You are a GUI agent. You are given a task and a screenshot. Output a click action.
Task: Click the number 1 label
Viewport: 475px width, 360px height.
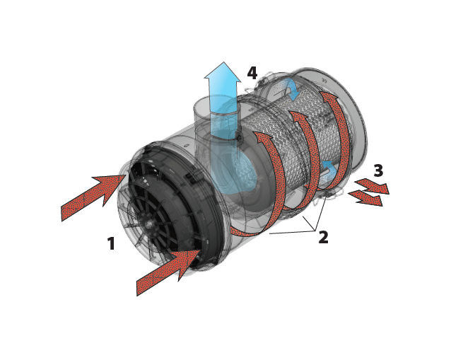click(x=111, y=244)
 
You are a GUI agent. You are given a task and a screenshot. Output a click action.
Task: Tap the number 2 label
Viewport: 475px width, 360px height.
click(x=323, y=238)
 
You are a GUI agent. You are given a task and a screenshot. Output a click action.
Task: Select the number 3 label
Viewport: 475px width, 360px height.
click(x=378, y=171)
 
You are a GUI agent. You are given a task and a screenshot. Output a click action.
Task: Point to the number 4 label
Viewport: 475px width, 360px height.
click(x=252, y=73)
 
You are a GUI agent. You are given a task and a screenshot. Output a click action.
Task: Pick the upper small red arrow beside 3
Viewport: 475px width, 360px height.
click(x=372, y=186)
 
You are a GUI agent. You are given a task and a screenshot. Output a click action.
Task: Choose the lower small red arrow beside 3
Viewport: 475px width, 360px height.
click(x=365, y=198)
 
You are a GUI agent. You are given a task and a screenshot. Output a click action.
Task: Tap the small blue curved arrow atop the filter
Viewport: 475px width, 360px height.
click(x=290, y=88)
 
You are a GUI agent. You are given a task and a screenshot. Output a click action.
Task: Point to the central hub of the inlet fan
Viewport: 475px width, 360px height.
click(x=150, y=224)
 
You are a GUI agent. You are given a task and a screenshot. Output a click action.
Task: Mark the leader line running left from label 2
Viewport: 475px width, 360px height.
click(x=290, y=231)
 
